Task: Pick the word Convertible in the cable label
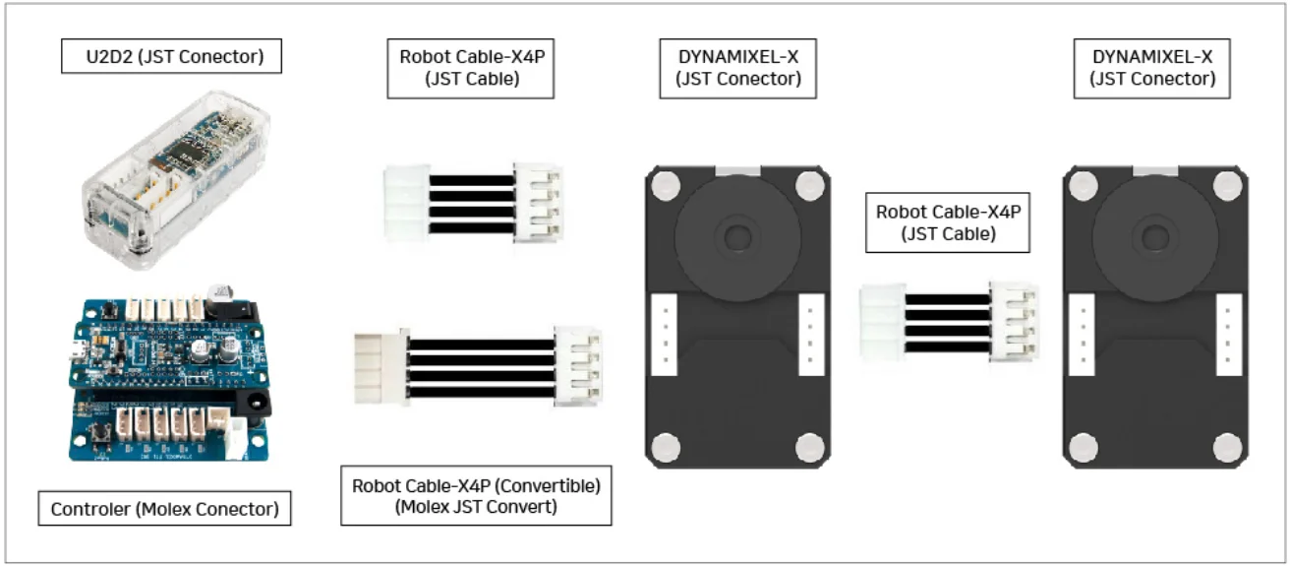(x=550, y=485)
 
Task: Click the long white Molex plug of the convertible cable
(x=380, y=367)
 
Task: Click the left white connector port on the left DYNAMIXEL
(x=666, y=334)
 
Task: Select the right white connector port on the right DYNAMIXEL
(x=1229, y=335)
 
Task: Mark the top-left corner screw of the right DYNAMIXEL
(x=1084, y=185)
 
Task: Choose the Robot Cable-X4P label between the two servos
(x=948, y=222)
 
